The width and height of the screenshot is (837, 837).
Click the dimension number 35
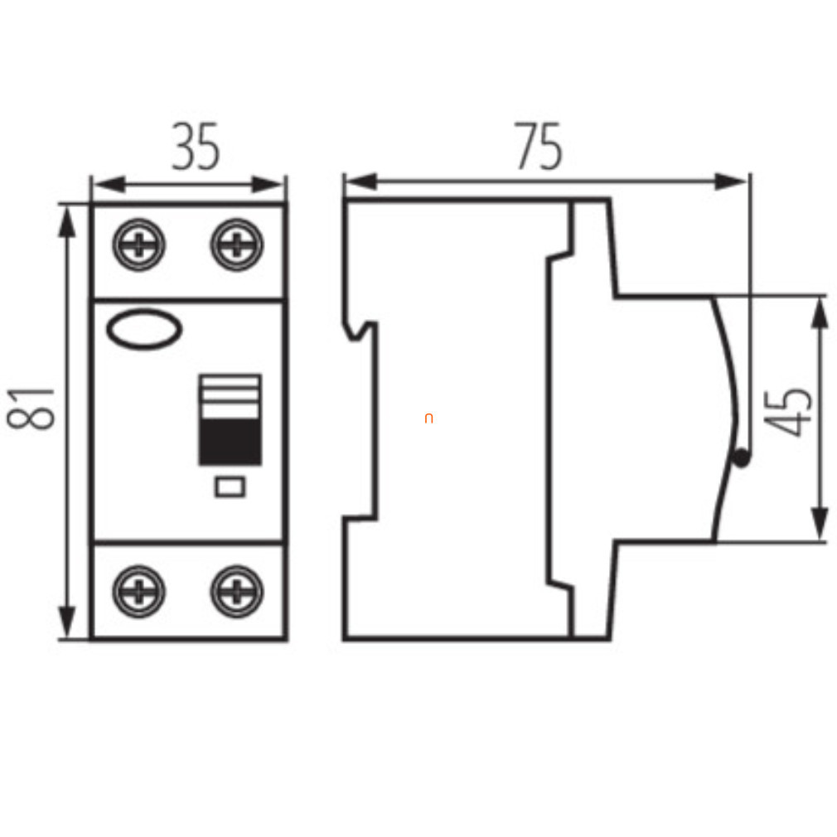pyautogui.click(x=196, y=147)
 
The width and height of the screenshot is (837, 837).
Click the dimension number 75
pyautogui.click(x=538, y=146)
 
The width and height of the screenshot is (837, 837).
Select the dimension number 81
pyautogui.click(x=31, y=409)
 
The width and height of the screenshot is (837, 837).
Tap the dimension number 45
pyautogui.click(x=788, y=413)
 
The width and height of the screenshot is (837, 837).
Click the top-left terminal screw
pyautogui.click(x=138, y=244)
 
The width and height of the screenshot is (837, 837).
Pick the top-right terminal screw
pyautogui.click(x=237, y=244)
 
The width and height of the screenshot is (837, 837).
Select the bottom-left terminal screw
pyautogui.click(x=138, y=592)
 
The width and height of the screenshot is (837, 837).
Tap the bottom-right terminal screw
pyautogui.click(x=237, y=592)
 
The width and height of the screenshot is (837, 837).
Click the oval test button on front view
pyautogui.click(x=144, y=329)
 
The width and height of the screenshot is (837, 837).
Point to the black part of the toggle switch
pyautogui.click(x=230, y=442)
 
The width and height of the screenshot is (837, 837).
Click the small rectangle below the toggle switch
pyautogui.click(x=230, y=486)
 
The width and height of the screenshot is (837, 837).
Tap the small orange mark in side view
pyautogui.click(x=428, y=418)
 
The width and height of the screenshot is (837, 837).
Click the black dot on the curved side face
pyautogui.click(x=741, y=458)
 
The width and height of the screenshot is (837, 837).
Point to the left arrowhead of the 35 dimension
pyautogui.click(x=109, y=185)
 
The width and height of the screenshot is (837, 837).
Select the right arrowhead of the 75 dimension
pyautogui.click(x=730, y=181)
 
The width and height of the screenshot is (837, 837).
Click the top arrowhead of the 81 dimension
pyautogui.click(x=67, y=221)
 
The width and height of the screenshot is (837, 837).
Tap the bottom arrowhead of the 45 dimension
pyautogui.click(x=820, y=524)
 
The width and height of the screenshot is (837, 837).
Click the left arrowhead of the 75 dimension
pyautogui.click(x=361, y=181)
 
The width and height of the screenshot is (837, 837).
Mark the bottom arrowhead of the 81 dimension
pyautogui.click(x=67, y=622)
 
